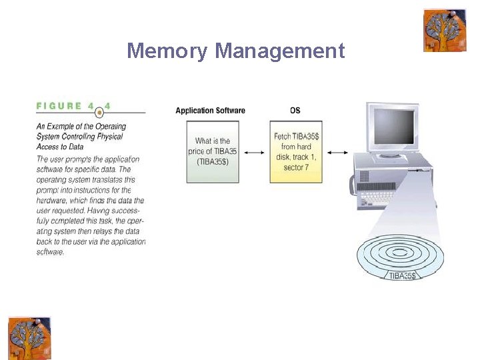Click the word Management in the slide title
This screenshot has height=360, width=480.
280,51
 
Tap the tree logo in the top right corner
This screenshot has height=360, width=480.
445,30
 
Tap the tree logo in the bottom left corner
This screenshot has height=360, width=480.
29,337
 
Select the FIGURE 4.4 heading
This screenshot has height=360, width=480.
73,106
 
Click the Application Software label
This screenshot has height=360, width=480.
210,111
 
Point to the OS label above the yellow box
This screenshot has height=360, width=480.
295,111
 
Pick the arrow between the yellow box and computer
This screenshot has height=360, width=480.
337,153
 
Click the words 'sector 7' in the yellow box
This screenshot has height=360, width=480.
296,167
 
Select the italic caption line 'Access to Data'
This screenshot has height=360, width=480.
61,147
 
